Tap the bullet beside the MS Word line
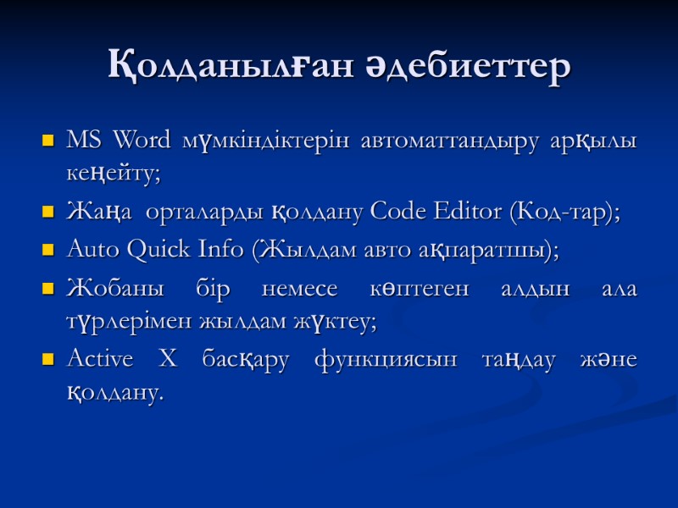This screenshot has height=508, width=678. [x=47, y=139]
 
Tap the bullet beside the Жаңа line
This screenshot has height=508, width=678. [x=47, y=213]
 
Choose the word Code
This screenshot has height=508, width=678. [x=397, y=213]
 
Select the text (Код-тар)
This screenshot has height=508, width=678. [x=564, y=213]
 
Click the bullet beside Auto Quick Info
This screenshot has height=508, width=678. [x=47, y=251]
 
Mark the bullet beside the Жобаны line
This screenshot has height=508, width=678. [x=47, y=289]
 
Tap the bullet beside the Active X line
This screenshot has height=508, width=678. [x=47, y=361]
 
